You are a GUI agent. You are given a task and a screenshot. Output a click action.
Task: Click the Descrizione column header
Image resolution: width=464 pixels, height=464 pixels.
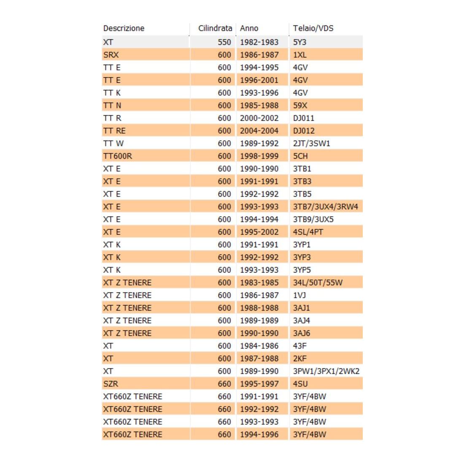(124, 28)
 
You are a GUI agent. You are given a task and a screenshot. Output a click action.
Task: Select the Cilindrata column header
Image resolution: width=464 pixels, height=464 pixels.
(215, 28)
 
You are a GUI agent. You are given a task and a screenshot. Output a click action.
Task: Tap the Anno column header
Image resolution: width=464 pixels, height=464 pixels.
(249, 28)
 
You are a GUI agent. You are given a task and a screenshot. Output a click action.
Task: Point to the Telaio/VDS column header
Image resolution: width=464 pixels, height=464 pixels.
(313, 28)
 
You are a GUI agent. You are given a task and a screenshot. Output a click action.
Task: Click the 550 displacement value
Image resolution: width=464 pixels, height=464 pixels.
(224, 42)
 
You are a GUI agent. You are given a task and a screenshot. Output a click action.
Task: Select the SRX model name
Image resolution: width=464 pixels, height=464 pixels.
(111, 55)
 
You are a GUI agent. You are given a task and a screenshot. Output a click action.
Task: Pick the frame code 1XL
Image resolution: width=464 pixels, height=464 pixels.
(300, 55)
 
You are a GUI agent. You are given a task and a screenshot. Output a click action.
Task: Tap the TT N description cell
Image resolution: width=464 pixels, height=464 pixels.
(112, 105)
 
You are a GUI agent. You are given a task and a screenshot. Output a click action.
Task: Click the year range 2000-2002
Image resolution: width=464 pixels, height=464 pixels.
(259, 118)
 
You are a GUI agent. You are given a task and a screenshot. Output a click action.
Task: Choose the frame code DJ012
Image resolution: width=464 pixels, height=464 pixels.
(304, 131)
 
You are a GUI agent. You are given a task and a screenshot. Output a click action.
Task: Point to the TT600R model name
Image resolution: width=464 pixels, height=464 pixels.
(118, 156)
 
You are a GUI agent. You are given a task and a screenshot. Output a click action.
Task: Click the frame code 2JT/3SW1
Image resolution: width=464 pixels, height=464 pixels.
(312, 143)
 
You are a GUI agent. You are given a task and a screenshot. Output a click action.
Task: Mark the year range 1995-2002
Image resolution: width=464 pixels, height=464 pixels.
(259, 232)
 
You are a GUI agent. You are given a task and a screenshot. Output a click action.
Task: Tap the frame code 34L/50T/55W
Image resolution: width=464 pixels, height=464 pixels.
(318, 283)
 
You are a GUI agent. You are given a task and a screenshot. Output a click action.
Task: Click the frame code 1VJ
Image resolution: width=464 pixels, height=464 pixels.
(299, 295)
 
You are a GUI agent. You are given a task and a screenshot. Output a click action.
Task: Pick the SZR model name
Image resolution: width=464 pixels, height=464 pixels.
(111, 384)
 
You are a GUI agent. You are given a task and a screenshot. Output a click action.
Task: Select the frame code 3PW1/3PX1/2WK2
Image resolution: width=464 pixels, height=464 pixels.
(326, 371)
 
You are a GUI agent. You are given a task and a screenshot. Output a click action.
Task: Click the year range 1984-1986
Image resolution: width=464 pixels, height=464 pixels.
(259, 346)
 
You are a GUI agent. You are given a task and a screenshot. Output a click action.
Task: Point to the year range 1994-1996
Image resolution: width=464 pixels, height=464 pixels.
(259, 434)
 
